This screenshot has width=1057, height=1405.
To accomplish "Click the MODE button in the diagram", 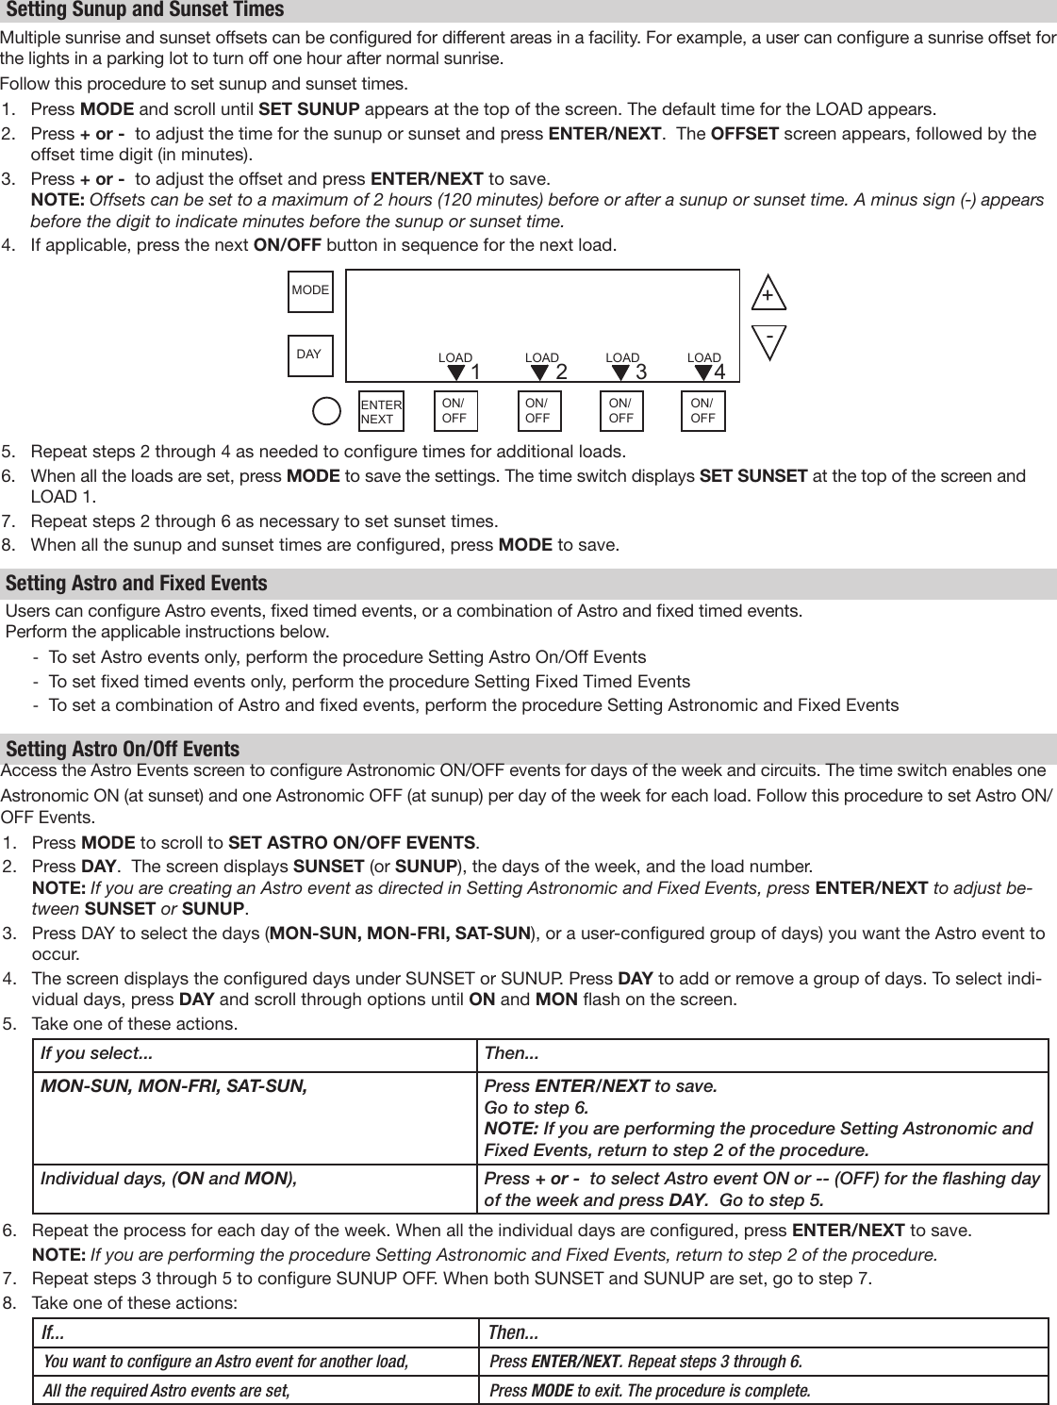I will coord(310,290).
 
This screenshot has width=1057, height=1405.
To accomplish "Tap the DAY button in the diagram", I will coord(309,355).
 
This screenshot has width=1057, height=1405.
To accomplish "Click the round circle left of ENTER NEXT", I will coord(326,411).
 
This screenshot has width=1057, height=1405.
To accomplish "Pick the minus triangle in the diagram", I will coord(769,340).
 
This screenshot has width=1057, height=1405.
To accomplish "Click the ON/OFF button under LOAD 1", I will coord(454,411).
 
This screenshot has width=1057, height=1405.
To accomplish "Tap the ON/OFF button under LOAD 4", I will coord(702,411).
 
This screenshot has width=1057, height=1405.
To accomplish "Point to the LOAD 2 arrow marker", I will coord(539,373).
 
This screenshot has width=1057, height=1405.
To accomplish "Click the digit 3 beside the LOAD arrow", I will coord(641,372).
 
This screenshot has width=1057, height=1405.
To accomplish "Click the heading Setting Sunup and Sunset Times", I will coord(145,10).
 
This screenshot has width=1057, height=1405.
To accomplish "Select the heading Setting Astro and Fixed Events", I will coord(137,584).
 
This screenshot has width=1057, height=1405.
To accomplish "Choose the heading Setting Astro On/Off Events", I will coord(123,750).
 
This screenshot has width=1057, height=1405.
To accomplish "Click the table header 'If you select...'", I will coord(97,1053).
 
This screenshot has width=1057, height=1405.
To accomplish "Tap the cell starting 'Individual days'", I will coord(169,1179).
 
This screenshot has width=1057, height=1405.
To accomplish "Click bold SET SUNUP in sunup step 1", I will coord(308,107).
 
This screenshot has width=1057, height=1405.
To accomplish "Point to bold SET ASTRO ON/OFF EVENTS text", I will coord(353,842).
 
